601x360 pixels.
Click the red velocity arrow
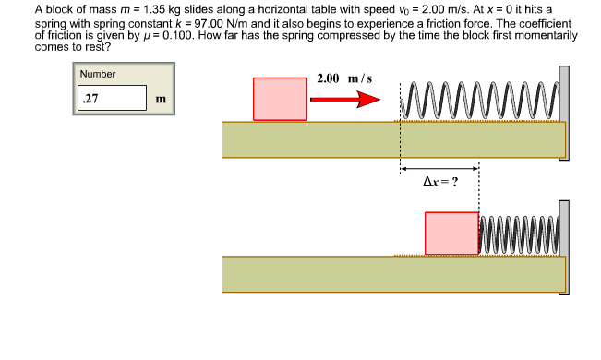[x=346, y=100]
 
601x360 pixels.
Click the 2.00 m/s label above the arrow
[x=343, y=78]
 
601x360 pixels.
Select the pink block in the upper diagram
[x=280, y=99]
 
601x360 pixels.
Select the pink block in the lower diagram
[x=451, y=234]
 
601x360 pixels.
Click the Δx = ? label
[x=439, y=181]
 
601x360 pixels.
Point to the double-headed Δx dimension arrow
[x=439, y=168]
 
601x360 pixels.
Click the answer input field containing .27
[x=112, y=98]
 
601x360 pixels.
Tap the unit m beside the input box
[x=162, y=99]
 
